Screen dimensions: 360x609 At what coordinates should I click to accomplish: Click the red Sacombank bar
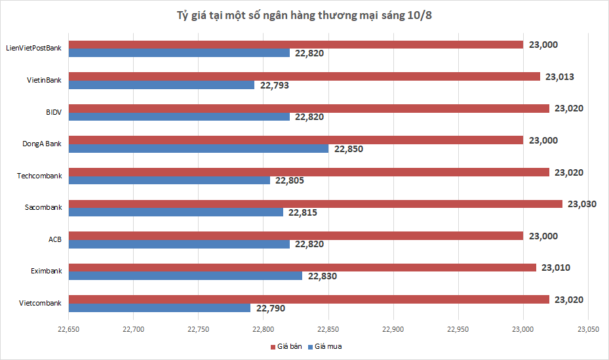pyautogui.click(x=315, y=204)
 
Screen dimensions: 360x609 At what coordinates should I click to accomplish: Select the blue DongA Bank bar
pyautogui.click(x=199, y=149)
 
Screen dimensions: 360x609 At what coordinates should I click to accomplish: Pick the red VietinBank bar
pyautogui.click(x=304, y=77)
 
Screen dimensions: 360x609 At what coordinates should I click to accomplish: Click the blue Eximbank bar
pyautogui.click(x=186, y=276)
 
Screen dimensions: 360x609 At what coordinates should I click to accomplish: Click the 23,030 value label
pyautogui.click(x=581, y=204)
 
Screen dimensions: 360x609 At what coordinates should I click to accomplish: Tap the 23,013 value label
pyautogui.click(x=559, y=77)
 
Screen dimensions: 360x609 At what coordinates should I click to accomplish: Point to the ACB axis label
pyautogui.click(x=55, y=239)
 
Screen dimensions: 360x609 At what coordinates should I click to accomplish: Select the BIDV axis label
pyautogui.click(x=53, y=112)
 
